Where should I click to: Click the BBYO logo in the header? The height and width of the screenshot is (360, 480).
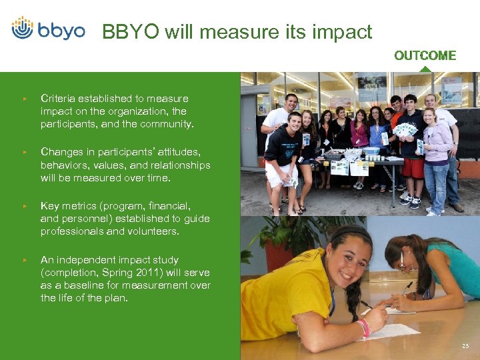pos(48,29)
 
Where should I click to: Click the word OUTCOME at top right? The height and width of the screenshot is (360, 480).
pos(425,56)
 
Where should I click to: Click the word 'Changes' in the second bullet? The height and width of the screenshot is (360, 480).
pos(60,151)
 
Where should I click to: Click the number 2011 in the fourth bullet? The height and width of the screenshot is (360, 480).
pos(145,272)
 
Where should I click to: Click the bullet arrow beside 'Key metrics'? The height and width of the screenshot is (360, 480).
pos(25,206)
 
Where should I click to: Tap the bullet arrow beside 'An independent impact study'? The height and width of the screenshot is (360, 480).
pos(25,259)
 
